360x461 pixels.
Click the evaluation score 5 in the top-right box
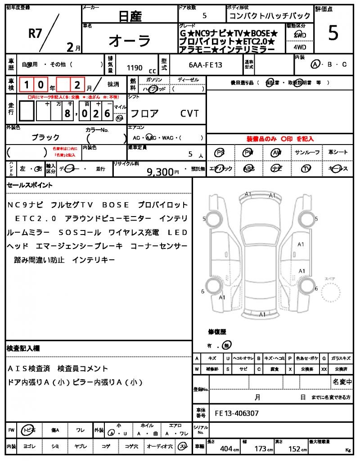tap(333, 34)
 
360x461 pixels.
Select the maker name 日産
tap(130, 17)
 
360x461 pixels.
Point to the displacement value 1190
tap(135, 68)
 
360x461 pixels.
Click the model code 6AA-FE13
tap(206, 65)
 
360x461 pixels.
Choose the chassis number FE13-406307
tap(237, 413)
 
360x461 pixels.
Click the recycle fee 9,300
tap(160, 172)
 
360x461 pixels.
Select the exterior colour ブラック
tap(45, 137)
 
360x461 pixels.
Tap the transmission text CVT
tap(189, 113)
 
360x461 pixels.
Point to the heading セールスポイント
tap(30, 185)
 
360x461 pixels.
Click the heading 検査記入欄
tap(23, 348)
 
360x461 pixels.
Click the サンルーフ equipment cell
tap(307, 153)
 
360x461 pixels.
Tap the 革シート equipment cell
tap(338, 153)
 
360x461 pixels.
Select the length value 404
tap(226, 448)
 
